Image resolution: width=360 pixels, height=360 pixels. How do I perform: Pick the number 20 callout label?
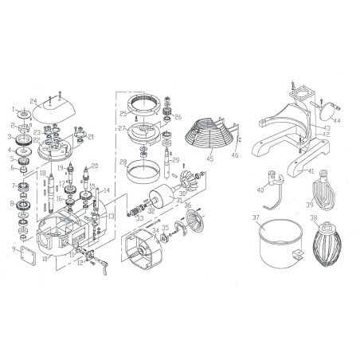click(x=94, y=166)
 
